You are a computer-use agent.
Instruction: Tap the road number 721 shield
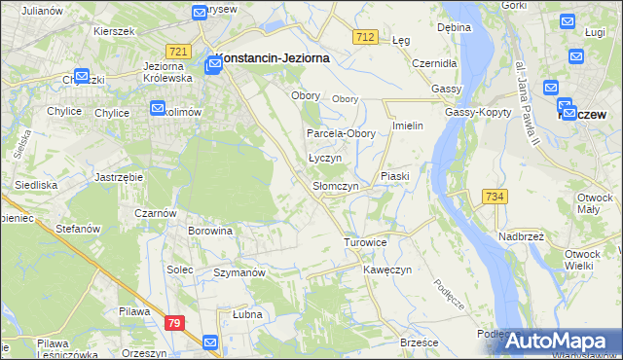pos(177,51)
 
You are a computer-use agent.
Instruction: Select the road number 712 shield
pos(365,36)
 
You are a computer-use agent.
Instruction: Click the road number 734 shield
pos(495,197)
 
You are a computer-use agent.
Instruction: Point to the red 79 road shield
pos(174,323)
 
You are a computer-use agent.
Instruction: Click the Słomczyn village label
pos(335,185)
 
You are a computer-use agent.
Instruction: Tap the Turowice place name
pos(366,241)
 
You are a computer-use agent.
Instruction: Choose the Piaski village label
pos(395,176)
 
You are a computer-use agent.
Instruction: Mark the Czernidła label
pos(433,62)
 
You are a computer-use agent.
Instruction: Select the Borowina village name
pos(210,231)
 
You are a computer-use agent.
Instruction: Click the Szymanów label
pos(239,273)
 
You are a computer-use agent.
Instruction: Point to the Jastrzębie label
pos(120,177)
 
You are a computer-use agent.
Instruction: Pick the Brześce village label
pos(420,342)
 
